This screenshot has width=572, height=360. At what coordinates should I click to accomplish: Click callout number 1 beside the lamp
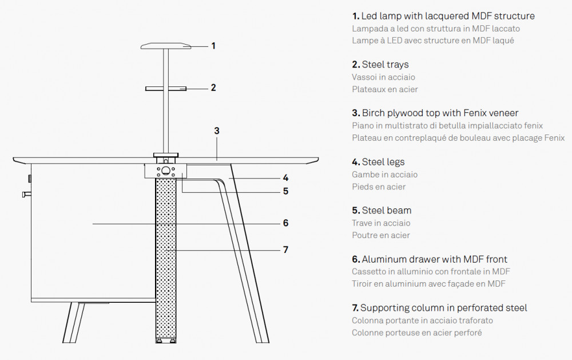click(x=213, y=46)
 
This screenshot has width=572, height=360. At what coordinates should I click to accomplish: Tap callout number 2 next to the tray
click(x=213, y=88)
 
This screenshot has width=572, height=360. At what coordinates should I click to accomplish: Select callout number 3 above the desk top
click(x=217, y=130)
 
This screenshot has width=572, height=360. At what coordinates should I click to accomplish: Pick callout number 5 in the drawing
click(x=285, y=191)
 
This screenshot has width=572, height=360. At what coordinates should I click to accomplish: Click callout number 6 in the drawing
click(x=285, y=223)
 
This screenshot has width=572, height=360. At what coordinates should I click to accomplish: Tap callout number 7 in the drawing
click(x=285, y=250)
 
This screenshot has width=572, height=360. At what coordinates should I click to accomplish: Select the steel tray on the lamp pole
click(x=166, y=89)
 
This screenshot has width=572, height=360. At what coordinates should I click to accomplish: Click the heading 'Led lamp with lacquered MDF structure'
click(x=443, y=16)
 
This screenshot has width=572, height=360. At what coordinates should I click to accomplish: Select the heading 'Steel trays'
click(x=380, y=65)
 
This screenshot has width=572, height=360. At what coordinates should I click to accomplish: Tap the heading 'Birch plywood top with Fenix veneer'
click(x=435, y=113)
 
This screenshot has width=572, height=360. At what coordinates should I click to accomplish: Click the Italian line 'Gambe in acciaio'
click(x=384, y=175)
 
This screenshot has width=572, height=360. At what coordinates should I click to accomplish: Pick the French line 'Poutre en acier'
click(x=380, y=235)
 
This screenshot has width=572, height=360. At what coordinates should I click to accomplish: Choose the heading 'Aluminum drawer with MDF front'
click(x=430, y=259)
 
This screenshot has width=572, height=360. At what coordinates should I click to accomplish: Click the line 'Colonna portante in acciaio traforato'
click(x=422, y=321)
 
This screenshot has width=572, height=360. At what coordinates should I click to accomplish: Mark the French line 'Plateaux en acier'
click(x=384, y=89)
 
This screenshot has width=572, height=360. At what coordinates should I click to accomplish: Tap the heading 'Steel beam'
click(x=382, y=211)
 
